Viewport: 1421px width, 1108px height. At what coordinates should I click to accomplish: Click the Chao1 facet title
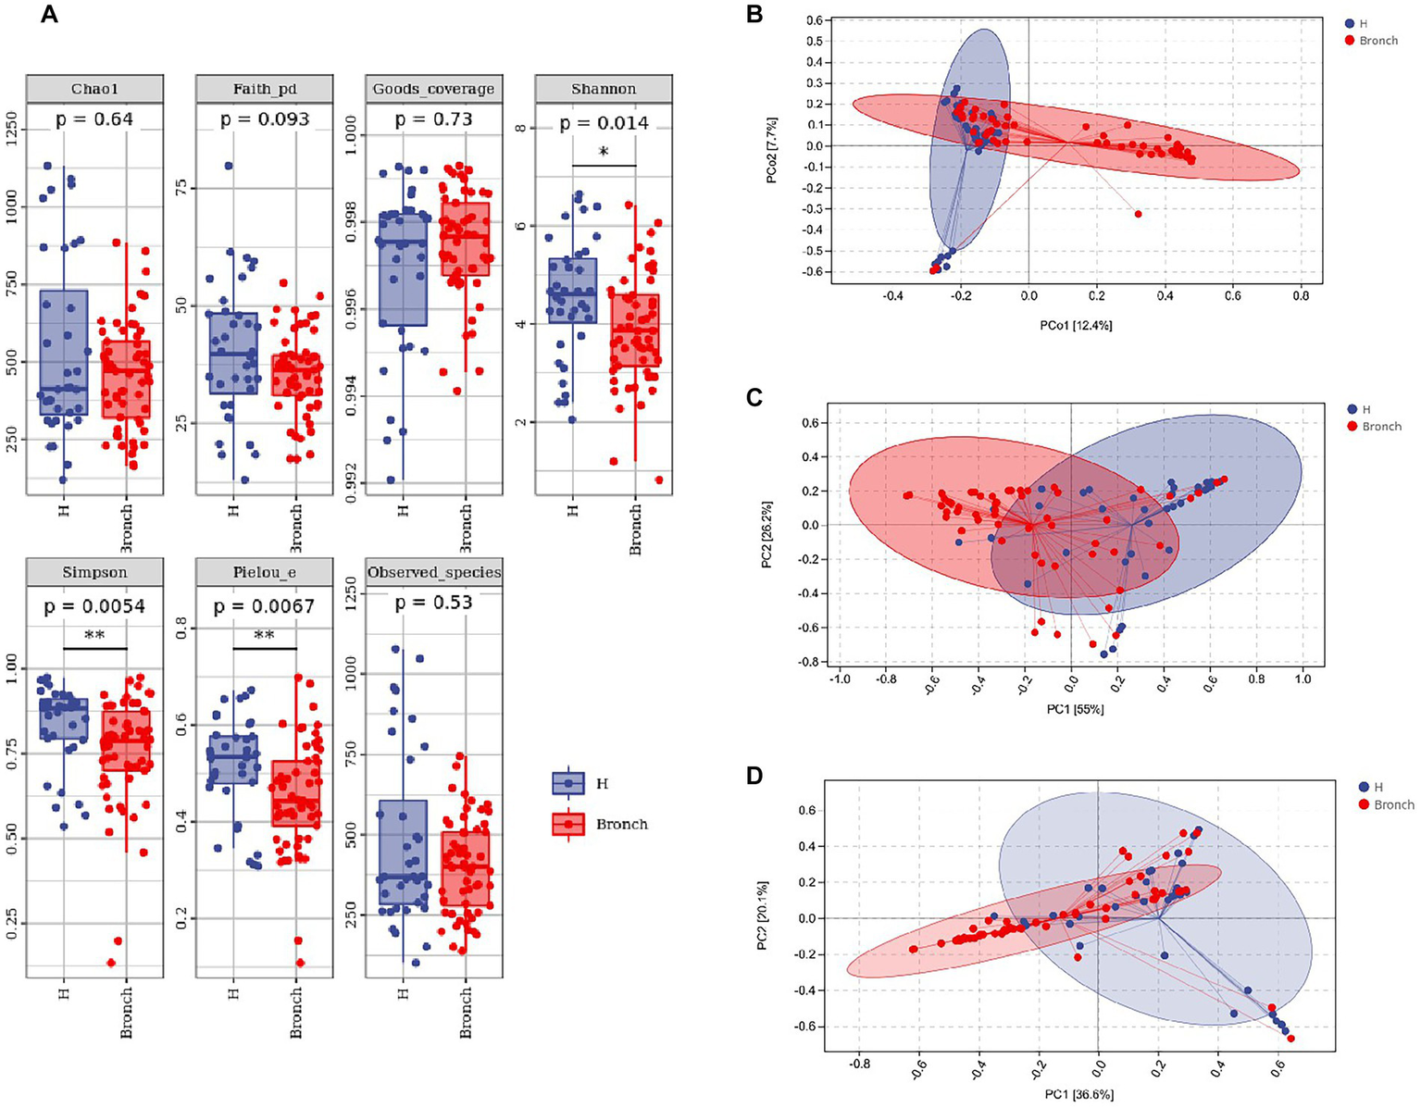(94, 89)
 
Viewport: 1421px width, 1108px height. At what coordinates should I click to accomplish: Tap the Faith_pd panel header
(264, 89)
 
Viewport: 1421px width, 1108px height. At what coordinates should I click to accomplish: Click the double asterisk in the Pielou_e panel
(264, 636)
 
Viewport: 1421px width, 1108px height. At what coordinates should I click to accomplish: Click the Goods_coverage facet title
(433, 89)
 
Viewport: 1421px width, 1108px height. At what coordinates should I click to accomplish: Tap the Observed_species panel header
(434, 572)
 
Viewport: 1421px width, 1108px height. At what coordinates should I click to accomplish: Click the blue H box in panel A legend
(567, 783)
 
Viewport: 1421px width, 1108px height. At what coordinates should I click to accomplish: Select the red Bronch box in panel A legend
(567, 824)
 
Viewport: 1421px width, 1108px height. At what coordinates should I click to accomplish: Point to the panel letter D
(754, 775)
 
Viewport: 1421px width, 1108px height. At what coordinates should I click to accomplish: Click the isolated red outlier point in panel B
(1138, 214)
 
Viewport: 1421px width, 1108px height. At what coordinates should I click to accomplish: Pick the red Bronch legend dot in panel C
(1352, 426)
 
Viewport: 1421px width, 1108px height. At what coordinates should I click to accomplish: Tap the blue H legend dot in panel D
(1364, 786)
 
